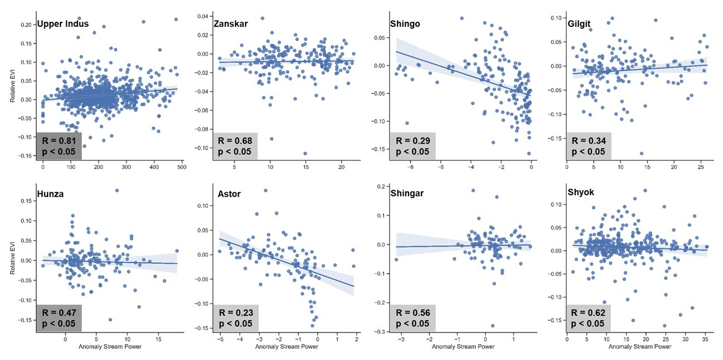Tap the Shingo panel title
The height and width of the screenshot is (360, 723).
click(x=405, y=24)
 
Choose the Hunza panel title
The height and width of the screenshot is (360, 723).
click(x=51, y=194)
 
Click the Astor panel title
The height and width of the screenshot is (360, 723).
click(x=230, y=194)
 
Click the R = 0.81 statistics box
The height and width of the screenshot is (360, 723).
click(x=59, y=145)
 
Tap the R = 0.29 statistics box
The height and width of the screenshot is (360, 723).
click(x=414, y=145)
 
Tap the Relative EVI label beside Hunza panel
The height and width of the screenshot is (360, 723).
click(x=13, y=260)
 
